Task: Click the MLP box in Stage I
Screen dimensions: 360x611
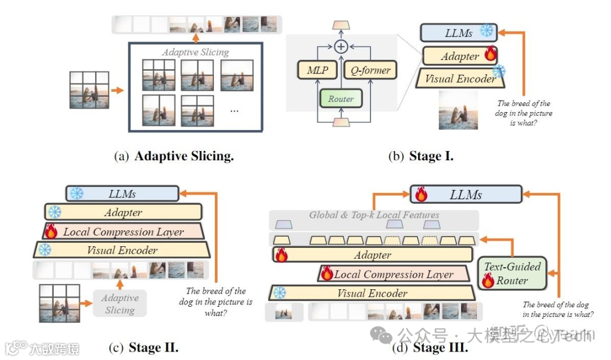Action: [x=317, y=70]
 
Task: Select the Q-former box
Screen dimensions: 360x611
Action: [x=370, y=70]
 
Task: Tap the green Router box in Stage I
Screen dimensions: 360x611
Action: [x=341, y=98]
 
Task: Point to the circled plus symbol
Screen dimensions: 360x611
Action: [x=341, y=46]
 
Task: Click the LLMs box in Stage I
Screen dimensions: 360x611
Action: [x=458, y=32]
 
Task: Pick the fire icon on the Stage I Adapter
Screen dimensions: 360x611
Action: [x=490, y=55]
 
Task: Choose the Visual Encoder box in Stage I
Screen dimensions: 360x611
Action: [x=459, y=79]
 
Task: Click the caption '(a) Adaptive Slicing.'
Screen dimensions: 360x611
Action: [x=174, y=157]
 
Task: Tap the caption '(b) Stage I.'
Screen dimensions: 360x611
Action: [x=420, y=157]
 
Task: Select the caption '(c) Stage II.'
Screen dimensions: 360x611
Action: [x=143, y=347]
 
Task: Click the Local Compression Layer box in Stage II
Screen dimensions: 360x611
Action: [x=123, y=232]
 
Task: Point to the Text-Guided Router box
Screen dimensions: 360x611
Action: [x=512, y=273]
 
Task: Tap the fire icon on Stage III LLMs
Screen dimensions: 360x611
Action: [x=421, y=194]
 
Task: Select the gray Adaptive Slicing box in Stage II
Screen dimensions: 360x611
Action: [x=119, y=304]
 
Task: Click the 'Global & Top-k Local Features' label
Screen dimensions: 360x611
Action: [x=374, y=215]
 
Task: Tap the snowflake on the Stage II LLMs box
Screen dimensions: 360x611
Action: [x=76, y=194]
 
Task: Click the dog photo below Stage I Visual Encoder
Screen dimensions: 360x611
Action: [x=458, y=110]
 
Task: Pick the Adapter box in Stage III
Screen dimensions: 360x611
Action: [x=372, y=255]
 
